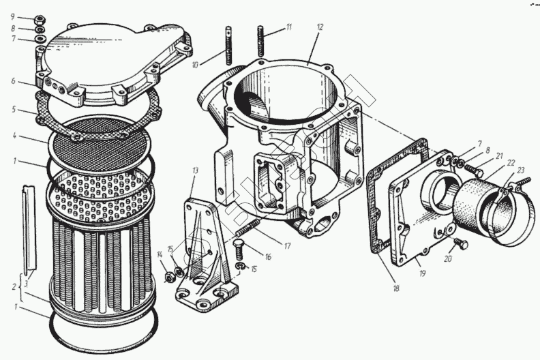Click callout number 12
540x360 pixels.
click(319, 27)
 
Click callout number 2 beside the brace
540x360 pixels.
click(13, 287)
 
